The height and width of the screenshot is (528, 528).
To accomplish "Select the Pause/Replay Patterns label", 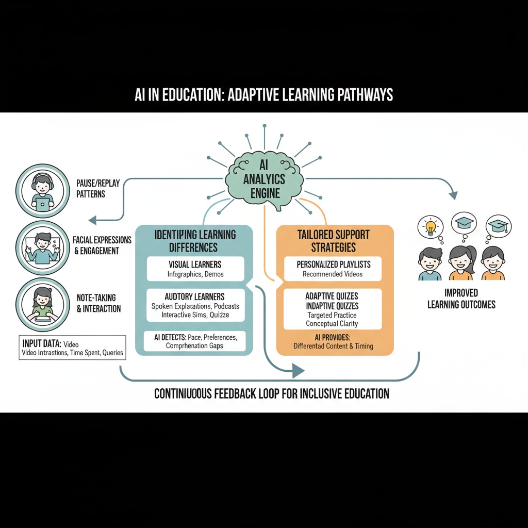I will pyautogui.click(x=97, y=188).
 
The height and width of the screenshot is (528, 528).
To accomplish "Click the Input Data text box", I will pyautogui.click(x=72, y=347).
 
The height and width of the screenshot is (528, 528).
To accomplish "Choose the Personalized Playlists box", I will pyautogui.click(x=333, y=269).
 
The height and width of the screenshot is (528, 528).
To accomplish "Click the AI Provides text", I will pyautogui.click(x=333, y=341).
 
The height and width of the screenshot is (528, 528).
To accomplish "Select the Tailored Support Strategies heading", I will pyautogui.click(x=333, y=241).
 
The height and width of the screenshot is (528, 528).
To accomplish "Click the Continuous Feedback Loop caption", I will pyautogui.click(x=272, y=394).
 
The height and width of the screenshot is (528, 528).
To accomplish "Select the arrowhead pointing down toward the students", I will pyautogui.click(x=453, y=195).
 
